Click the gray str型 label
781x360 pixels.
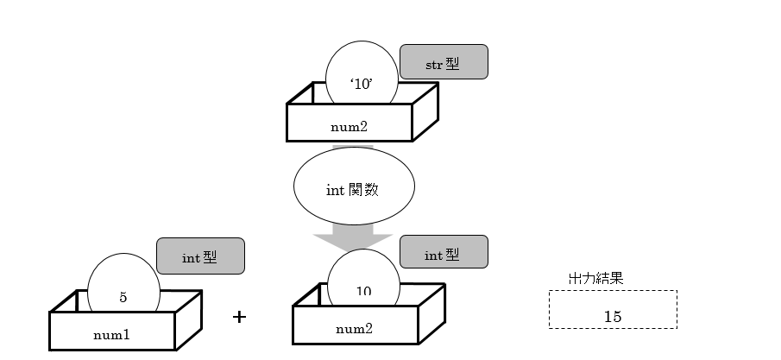[x=444, y=62]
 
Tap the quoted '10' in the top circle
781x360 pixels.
[x=362, y=85]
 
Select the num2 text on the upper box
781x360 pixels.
[x=350, y=125]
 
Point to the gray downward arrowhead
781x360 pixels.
[x=353, y=238]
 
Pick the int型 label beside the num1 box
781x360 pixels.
[x=200, y=256]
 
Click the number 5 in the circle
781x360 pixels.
[x=123, y=296]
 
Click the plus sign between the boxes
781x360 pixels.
[x=240, y=317]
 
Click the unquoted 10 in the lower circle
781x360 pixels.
[x=363, y=291]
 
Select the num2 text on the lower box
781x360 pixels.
[x=354, y=328]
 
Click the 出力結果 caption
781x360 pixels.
[x=595, y=279]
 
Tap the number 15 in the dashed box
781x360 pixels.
[x=613, y=316]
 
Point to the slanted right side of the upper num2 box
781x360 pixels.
[x=425, y=114]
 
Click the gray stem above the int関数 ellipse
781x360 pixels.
[x=352, y=149]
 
